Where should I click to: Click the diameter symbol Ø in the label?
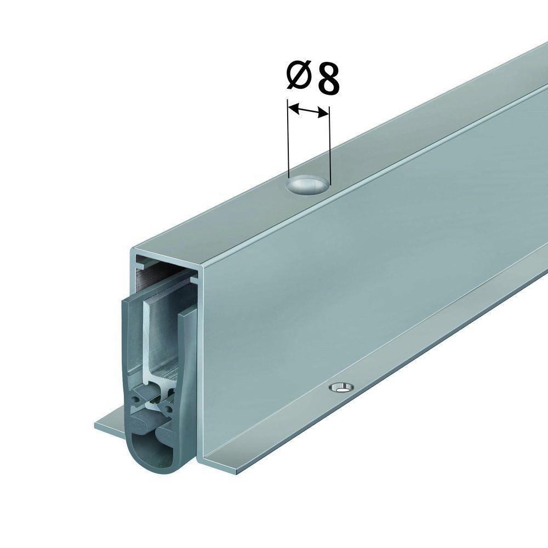tap(299, 76)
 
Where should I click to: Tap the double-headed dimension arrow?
tap(308, 109)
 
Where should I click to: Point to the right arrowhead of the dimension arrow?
tap(323, 112)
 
